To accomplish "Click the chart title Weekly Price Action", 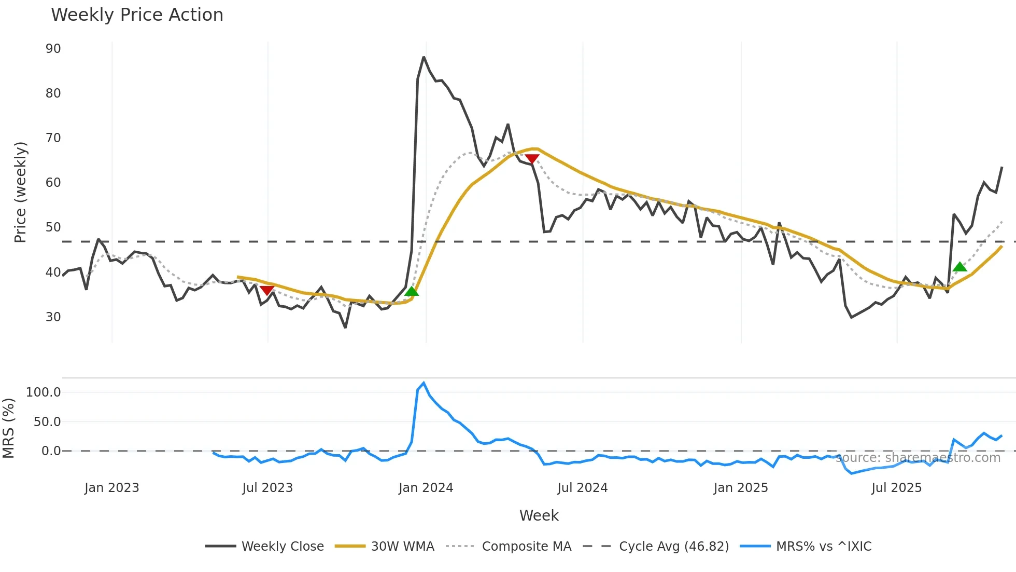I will click(x=137, y=15).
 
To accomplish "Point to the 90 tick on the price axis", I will click(x=53, y=49).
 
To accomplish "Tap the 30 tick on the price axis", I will click(x=53, y=317).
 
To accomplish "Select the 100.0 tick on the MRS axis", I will click(x=44, y=392).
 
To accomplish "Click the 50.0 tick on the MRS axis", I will click(x=47, y=422).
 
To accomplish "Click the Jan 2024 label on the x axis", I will click(x=426, y=488).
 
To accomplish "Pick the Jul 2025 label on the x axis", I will click(x=896, y=488).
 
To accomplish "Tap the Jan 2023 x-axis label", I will click(x=111, y=488).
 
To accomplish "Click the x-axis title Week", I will click(x=539, y=515).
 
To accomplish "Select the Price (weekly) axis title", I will click(x=20, y=192).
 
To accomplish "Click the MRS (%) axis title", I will click(x=8, y=428).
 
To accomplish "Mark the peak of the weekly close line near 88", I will click(x=424, y=57).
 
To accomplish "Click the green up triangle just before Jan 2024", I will click(x=412, y=291).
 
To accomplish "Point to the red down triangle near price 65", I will click(x=532, y=159).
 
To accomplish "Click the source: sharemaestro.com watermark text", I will click(x=918, y=458).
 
